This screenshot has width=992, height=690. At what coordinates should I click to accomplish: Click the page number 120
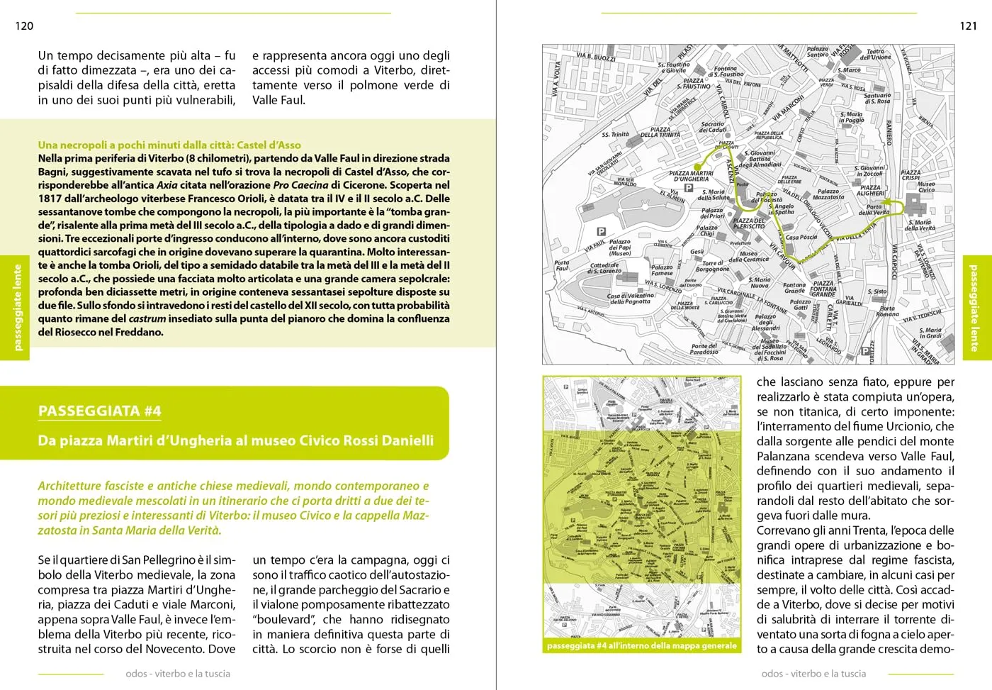click(24, 26)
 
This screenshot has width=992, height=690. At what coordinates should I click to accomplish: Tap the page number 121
click(968, 26)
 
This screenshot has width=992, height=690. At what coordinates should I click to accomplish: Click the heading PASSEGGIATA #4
click(100, 411)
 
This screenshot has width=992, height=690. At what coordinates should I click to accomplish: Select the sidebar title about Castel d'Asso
click(169, 145)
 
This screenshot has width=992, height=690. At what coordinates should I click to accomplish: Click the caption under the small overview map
click(642, 646)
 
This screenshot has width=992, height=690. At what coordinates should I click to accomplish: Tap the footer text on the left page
click(178, 674)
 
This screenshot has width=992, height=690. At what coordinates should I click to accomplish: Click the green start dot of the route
click(698, 167)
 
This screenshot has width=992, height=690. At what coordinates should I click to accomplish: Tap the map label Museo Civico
click(926, 187)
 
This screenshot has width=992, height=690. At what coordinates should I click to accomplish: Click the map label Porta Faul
click(561, 265)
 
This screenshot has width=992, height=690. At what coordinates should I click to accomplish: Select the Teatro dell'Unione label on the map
click(876, 54)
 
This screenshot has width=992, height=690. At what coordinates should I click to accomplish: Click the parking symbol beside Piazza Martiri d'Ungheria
click(688, 188)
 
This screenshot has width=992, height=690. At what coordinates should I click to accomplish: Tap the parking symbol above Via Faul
click(601, 231)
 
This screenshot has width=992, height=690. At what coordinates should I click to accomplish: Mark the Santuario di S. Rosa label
click(877, 98)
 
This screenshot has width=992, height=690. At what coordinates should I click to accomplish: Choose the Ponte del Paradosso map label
click(704, 349)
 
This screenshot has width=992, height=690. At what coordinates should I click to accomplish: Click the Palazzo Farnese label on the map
click(662, 270)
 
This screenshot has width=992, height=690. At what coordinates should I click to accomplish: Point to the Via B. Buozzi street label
click(595, 57)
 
